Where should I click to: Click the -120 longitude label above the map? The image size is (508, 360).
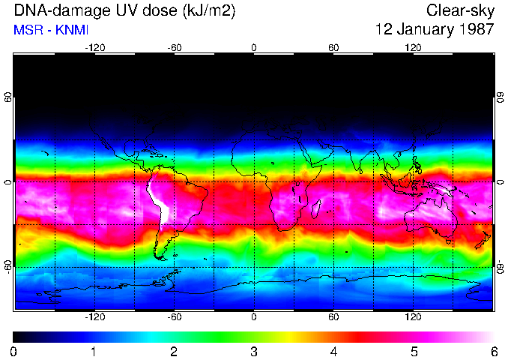coord(94,47)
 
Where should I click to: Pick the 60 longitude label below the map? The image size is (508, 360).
coord(333,316)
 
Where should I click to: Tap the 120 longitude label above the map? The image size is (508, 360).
coord(413,47)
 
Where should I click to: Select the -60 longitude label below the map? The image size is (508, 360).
coord(174,316)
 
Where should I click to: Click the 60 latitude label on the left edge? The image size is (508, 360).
coord(8,97)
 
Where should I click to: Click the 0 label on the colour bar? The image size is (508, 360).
coord(14,351)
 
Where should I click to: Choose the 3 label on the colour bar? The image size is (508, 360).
coord(253,351)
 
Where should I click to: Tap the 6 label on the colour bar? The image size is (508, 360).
coord(493,351)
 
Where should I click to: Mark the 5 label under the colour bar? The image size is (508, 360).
coord(414,351)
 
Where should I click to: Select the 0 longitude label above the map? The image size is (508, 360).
coord(254,47)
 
